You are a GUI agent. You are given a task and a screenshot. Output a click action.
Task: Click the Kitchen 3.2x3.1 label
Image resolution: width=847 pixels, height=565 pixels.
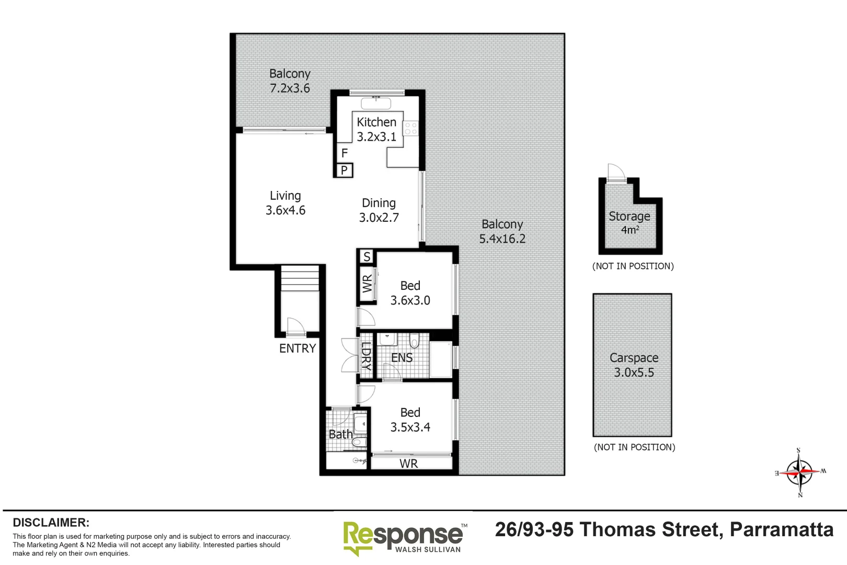coord(376,129)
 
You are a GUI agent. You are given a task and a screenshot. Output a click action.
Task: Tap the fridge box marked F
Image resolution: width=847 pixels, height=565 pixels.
coord(344,153)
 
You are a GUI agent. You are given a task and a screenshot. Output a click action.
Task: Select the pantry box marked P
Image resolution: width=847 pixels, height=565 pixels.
coord(344,170)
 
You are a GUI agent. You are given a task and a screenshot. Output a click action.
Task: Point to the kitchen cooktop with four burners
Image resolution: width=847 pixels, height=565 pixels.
coord(410,128)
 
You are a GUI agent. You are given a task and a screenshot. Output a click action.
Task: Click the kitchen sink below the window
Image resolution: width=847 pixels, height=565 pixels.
coord(376,103)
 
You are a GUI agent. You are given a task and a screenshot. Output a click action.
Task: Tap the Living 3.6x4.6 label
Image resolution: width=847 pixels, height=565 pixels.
coord(285,203)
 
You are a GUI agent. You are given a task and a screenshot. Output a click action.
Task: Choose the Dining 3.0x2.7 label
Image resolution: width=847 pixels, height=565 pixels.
coord(379,210)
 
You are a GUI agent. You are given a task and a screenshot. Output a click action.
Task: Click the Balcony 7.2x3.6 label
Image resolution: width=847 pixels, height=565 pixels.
coord(290,81)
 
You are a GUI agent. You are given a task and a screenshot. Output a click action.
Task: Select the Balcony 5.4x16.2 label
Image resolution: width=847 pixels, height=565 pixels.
coord(502,231)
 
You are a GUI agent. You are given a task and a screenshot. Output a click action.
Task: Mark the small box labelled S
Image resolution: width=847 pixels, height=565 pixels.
coord(367,257)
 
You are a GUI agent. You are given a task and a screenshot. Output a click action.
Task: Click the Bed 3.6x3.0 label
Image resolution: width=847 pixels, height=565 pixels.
coord(410,293)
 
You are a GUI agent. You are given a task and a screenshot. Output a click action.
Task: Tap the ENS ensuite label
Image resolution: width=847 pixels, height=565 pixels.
coord(402,358)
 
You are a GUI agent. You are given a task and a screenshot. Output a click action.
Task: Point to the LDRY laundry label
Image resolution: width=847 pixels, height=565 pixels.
coord(367,356)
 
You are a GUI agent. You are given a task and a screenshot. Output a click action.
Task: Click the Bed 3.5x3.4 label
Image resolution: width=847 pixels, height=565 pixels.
coord(410,420)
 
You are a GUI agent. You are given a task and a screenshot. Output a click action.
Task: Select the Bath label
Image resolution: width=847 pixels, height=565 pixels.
coord(340,434)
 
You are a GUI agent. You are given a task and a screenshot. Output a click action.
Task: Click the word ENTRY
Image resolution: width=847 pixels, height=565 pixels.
coord(297,348)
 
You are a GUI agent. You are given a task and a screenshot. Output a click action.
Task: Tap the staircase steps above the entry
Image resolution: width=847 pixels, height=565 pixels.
coord(300,278)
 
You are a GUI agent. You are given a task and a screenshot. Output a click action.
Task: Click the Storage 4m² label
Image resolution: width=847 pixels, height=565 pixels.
coord(629,222)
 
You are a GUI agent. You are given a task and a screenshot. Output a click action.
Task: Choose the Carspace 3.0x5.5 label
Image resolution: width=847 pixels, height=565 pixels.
coord(634,365)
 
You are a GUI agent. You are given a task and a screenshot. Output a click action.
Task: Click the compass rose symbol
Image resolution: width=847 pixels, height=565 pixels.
coord(799,472)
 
